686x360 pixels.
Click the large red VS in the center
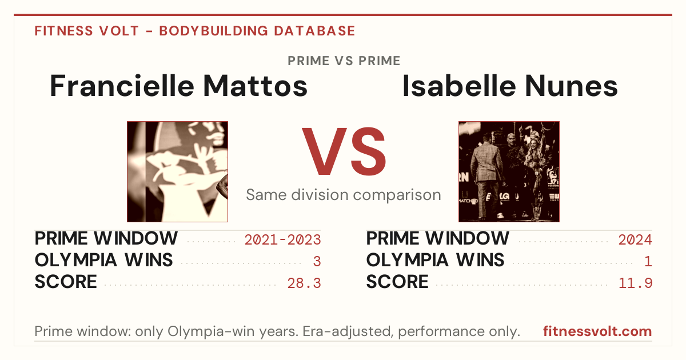click(x=344, y=151)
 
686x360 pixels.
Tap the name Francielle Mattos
click(x=178, y=86)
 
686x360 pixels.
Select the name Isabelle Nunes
click(x=510, y=86)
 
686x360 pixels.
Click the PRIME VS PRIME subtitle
click(x=344, y=61)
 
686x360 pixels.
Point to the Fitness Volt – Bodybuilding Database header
click(x=195, y=31)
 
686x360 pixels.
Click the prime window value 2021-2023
click(x=282, y=239)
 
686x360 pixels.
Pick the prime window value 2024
click(x=635, y=239)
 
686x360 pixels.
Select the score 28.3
click(x=304, y=283)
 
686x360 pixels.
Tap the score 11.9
click(x=636, y=283)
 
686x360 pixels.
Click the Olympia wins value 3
click(x=317, y=262)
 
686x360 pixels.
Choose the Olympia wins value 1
click(x=648, y=262)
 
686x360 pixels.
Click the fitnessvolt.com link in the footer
click(x=597, y=331)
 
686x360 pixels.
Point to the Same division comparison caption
click(x=344, y=195)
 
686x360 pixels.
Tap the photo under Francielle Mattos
click(x=177, y=172)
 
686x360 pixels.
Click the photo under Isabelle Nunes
click(x=509, y=172)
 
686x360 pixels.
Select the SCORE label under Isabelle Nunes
click(x=397, y=282)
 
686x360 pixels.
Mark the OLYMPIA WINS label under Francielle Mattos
click(x=103, y=260)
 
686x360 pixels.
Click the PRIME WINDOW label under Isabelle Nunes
click(x=438, y=238)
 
